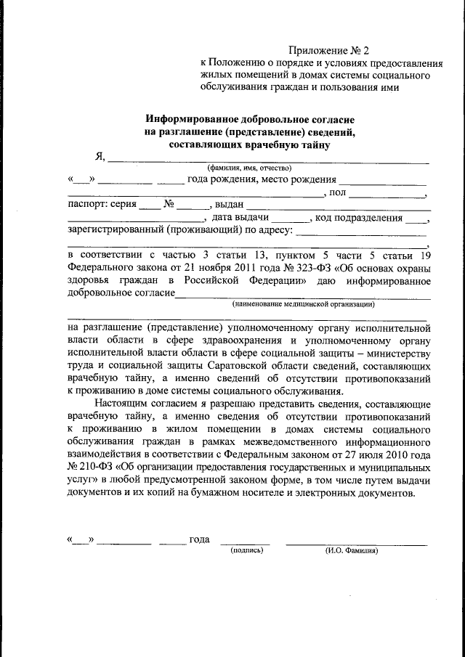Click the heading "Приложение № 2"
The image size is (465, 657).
point(329,50)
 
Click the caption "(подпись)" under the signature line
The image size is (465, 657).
point(246,550)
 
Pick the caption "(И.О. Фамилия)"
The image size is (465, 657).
point(352,550)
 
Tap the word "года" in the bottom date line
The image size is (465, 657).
point(199,539)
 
